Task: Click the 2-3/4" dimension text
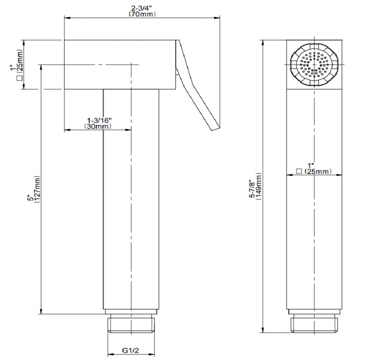[x=141, y=9]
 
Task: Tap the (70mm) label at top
[x=142, y=14]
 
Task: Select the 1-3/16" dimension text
[x=100, y=120]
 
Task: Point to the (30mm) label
[x=98, y=126]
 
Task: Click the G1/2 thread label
[x=130, y=350]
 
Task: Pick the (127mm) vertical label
[x=37, y=189]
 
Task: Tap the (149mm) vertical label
[x=259, y=187]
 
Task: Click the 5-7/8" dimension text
[x=252, y=189]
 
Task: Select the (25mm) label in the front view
[x=318, y=171]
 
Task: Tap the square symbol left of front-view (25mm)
[x=299, y=171]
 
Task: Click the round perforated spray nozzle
[x=314, y=65]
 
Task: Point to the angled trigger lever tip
[x=216, y=128]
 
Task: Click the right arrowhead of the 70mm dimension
[x=217, y=18]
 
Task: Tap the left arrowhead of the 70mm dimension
[x=68, y=18]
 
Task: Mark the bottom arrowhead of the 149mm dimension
[x=263, y=329]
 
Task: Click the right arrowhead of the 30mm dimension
[x=128, y=130]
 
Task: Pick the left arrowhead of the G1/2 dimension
[x=111, y=354]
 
